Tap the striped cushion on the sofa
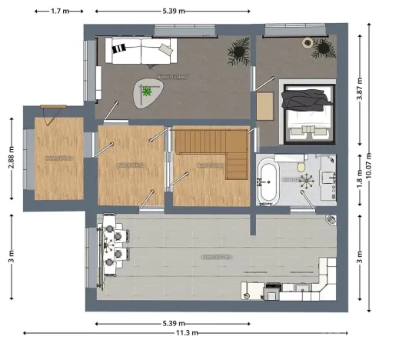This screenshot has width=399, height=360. pos(118,52)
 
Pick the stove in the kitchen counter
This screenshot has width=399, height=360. pos(273,290)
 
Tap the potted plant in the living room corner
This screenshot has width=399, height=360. pos(238,50)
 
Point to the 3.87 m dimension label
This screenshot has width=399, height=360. pos(361,88)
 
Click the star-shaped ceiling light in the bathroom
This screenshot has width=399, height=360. pos(308,181)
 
